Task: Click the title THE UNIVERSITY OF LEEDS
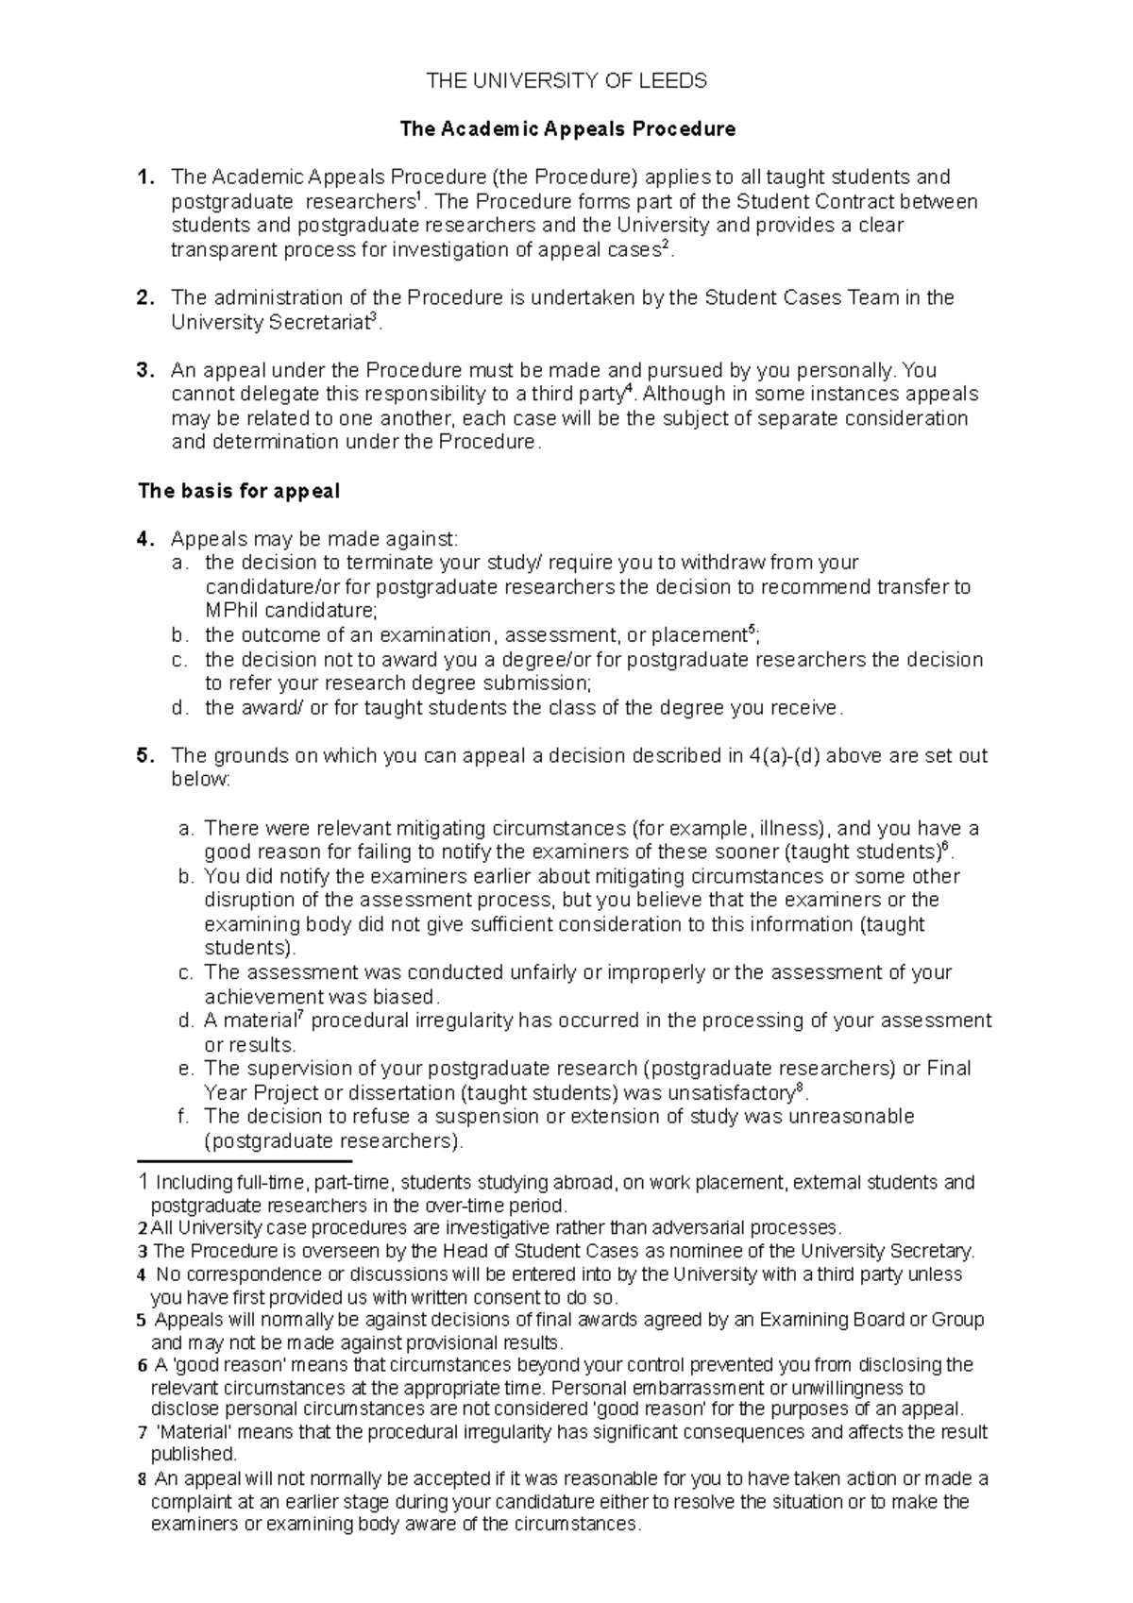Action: (x=566, y=81)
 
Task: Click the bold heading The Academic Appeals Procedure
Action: (x=566, y=129)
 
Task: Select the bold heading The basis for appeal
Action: (x=239, y=491)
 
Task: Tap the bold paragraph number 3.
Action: (x=144, y=370)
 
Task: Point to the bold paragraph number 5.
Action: (x=144, y=755)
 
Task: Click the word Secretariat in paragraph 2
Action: (x=317, y=323)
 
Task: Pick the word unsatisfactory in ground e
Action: (x=718, y=1093)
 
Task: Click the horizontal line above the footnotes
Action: (x=245, y=1161)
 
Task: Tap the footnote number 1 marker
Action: (x=143, y=1182)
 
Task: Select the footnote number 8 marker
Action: (x=142, y=1479)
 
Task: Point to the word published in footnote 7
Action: (x=193, y=1455)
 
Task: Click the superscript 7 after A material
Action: (x=299, y=1014)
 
